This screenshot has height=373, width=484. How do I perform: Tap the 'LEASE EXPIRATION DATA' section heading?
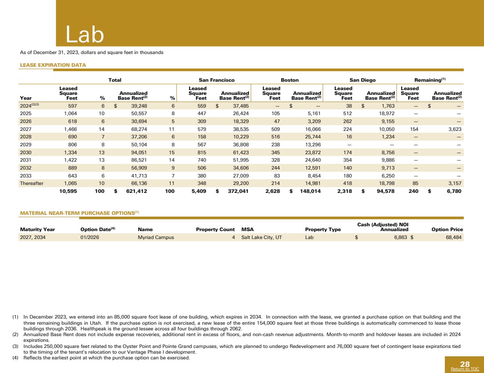(x=53, y=65)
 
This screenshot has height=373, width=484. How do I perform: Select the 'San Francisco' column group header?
(x=216, y=80)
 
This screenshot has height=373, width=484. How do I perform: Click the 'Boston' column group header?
(x=290, y=80)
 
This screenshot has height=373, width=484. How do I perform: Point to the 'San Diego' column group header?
(x=363, y=80)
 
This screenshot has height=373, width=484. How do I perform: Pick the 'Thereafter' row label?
(x=32, y=184)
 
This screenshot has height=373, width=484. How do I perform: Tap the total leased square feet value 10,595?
(x=68, y=192)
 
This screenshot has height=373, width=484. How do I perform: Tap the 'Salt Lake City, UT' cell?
(x=262, y=237)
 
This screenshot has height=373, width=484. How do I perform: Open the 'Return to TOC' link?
(x=465, y=369)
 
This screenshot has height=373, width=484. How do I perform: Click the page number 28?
(x=465, y=364)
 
